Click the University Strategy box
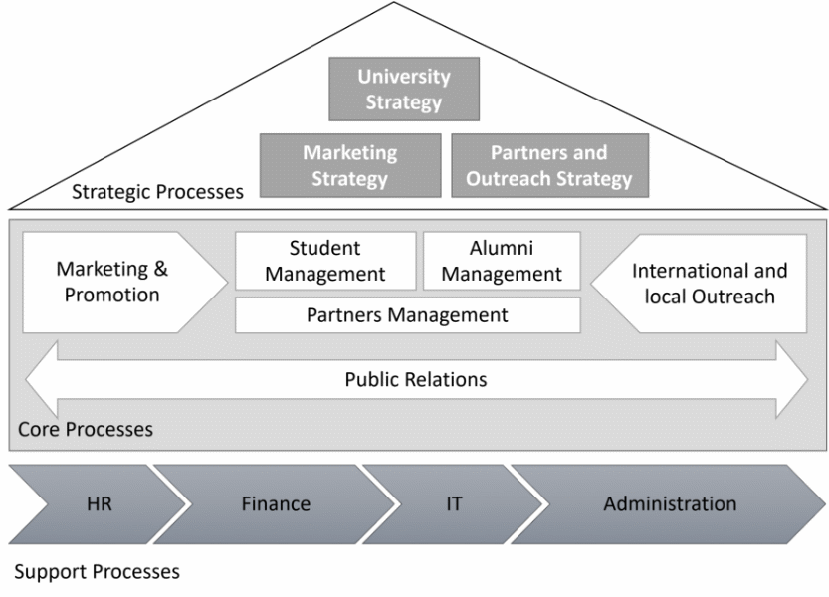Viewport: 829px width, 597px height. coord(404,89)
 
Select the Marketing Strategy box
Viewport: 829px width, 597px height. coord(349,165)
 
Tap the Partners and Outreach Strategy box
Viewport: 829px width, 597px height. coord(549,165)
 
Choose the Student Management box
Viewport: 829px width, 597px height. coord(324,261)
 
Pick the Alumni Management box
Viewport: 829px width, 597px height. coord(502,261)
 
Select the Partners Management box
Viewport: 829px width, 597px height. coord(407,315)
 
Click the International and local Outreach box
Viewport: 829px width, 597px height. coord(709,283)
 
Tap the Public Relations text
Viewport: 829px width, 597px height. coord(416,379)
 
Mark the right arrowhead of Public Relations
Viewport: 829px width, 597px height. coord(792,379)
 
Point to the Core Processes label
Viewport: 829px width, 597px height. coord(86,431)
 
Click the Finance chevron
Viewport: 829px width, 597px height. coord(275,503)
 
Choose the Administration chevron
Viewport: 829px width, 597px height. coord(670,503)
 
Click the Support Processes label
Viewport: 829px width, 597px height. coord(99,572)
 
